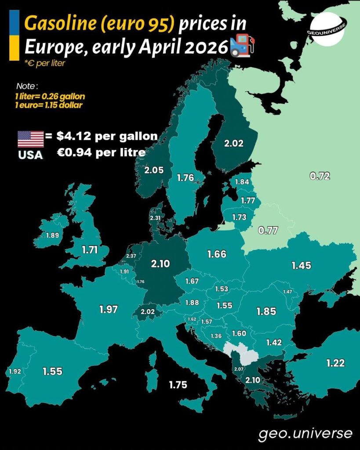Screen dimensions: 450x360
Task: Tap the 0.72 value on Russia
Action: [320, 177]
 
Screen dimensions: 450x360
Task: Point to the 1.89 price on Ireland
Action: [52, 235]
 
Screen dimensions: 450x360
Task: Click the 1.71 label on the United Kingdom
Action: [90, 250]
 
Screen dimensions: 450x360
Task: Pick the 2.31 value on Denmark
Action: [155, 218]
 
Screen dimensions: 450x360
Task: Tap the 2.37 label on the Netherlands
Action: [131, 256]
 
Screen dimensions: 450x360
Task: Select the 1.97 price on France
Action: [109, 309]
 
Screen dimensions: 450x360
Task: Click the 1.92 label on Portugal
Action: [15, 371]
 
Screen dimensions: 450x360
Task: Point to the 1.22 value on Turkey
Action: [335, 363]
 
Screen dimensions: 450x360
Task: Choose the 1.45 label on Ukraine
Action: [302, 265]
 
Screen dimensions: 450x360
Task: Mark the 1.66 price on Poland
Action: [217, 254]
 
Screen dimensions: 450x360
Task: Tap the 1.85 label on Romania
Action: [266, 311]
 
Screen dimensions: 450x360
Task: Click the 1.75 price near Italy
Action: [178, 385]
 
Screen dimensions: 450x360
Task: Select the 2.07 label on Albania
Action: [239, 369]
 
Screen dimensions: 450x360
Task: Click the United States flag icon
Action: [30, 139]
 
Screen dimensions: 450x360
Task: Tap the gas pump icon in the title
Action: [243, 46]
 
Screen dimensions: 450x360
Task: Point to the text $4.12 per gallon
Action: [107, 136]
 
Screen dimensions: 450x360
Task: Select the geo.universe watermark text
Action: [305, 434]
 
